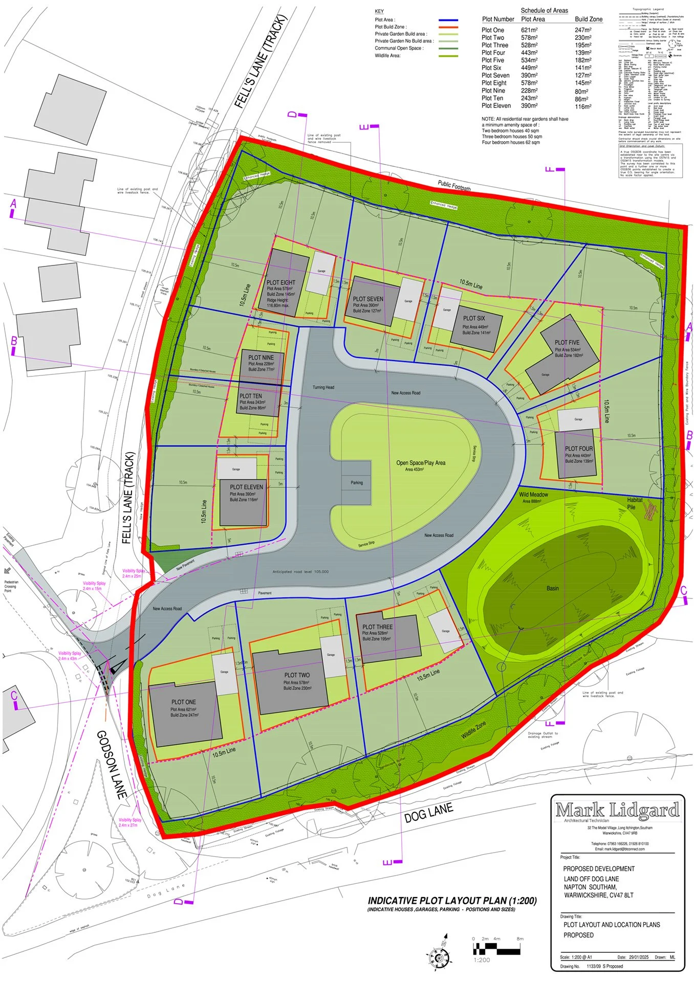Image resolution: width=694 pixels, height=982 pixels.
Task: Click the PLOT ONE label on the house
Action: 183,702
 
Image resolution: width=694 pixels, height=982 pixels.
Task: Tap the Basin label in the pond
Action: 552,588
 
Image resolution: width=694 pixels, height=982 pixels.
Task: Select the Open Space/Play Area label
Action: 421,463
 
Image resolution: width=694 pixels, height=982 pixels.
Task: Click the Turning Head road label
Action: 323,387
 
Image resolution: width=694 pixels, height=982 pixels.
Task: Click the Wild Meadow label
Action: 533,495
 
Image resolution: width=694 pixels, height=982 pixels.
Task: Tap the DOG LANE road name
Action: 428,812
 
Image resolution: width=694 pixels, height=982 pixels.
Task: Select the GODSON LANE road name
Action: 112,765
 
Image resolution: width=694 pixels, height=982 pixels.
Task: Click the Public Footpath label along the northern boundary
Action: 454,186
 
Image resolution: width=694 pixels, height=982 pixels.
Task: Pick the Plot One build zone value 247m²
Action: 583,30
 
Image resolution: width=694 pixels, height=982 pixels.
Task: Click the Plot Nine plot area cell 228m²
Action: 529,91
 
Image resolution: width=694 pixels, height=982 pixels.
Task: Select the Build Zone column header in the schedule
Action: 589,19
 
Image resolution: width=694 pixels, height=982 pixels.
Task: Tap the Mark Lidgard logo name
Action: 617,810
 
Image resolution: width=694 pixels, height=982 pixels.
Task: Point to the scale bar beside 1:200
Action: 496,949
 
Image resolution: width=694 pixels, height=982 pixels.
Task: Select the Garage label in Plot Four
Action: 578,419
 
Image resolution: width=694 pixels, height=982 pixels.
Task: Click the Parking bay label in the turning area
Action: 357,482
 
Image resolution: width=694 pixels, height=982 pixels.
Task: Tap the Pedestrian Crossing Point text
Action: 11,586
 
